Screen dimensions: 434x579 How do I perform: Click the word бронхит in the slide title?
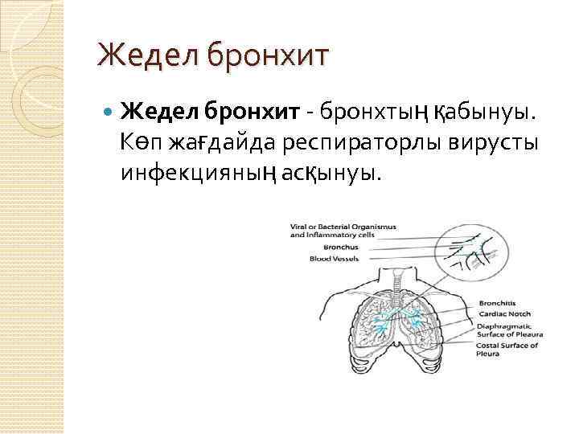pyautogui.click(x=268, y=56)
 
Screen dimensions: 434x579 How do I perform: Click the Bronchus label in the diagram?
pyautogui.click(x=307, y=248)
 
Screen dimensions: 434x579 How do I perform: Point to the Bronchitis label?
pyautogui.click(x=497, y=303)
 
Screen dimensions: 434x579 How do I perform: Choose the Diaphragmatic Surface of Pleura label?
pyautogui.click(x=509, y=330)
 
